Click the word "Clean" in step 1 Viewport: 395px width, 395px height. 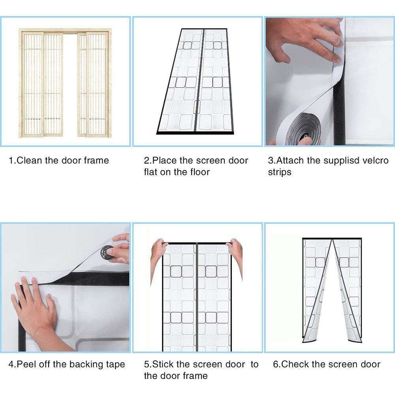coord(29,160)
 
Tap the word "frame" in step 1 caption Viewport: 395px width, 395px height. coord(96,160)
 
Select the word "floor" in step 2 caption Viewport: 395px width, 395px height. coord(200,172)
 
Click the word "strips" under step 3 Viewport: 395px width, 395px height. coord(280,172)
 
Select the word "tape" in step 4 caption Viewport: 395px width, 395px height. coord(115,365)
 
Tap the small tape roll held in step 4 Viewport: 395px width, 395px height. coord(107,253)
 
